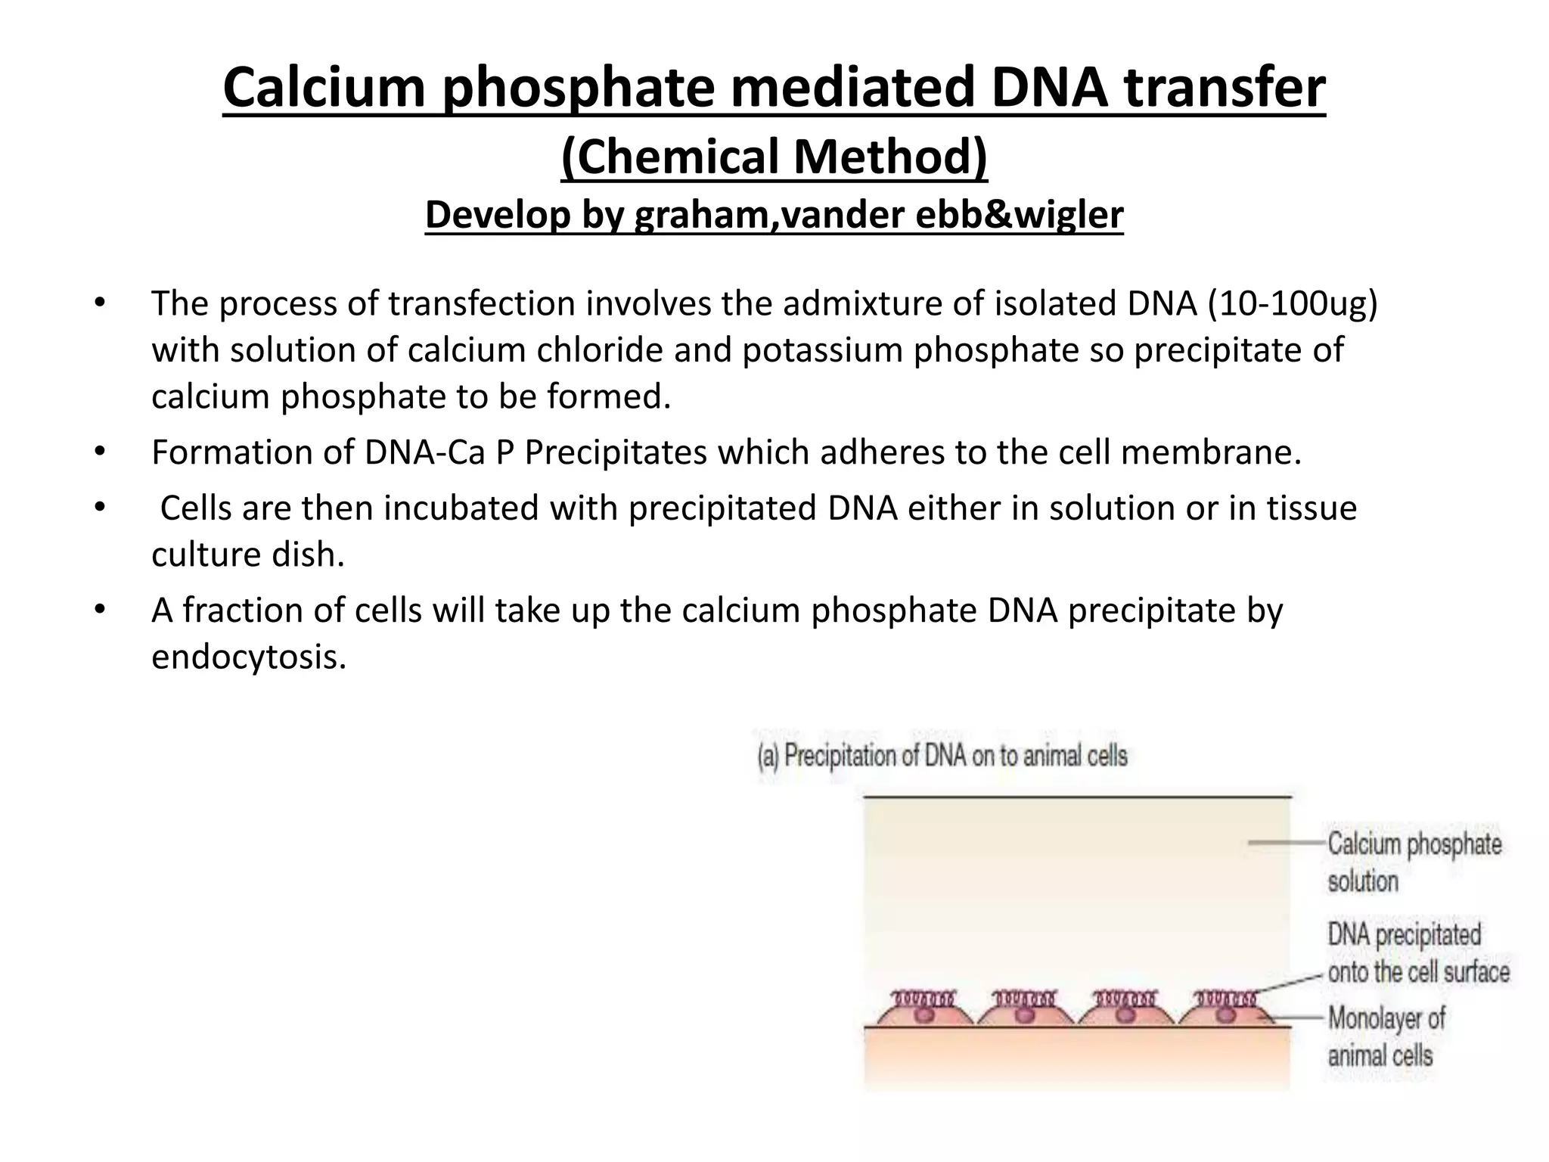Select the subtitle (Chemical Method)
pyautogui.click(x=774, y=157)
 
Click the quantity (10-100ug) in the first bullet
pyautogui.click(x=1292, y=303)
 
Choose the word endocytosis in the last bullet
pyautogui.click(x=249, y=657)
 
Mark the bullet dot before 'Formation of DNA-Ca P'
pyautogui.click(x=99, y=452)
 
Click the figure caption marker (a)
pyautogui.click(x=768, y=757)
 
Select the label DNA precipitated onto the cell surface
pyautogui.click(x=1417, y=953)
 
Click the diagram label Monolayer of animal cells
pyautogui.click(x=1386, y=1036)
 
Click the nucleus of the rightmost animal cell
pyautogui.click(x=1225, y=1014)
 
